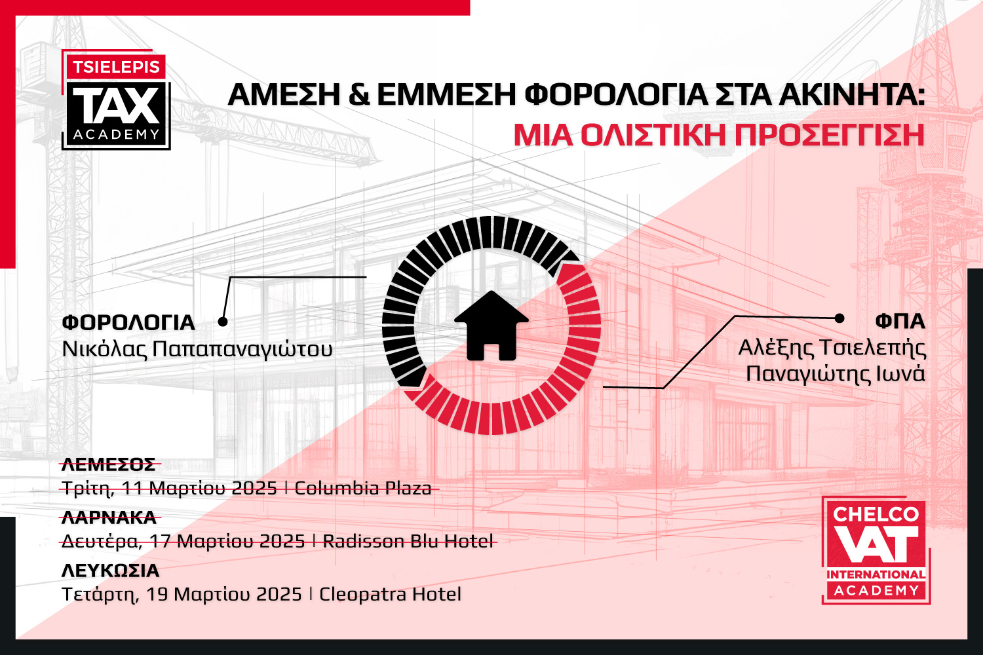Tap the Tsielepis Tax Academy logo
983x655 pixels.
116,100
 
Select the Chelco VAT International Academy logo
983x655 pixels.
876,550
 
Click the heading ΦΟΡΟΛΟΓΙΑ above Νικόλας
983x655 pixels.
128,322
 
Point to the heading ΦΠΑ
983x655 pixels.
900,321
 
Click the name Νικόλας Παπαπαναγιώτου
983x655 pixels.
197,348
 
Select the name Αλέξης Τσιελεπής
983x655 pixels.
832,347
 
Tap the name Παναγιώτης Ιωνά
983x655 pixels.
836,373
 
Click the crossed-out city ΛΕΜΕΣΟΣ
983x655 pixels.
109,464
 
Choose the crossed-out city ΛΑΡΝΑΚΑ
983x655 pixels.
109,517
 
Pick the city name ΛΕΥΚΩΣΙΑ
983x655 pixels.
111,571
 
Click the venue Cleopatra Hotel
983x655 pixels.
390,594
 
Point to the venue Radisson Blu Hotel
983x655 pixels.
408,541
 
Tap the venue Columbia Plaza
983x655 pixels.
363,488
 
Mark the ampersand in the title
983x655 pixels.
358,95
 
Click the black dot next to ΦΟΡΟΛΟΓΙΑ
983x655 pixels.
223,322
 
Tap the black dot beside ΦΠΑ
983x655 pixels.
839,318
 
